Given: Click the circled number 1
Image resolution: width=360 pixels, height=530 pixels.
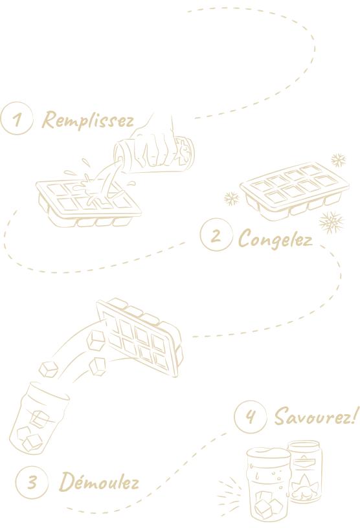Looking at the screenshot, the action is tap(17, 118).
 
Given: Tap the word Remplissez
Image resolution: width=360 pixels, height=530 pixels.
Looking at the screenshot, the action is tap(88, 120).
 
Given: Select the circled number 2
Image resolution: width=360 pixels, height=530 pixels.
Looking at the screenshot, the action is tap(216, 234).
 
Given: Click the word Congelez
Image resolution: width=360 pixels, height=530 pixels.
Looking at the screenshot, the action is tap(275, 239).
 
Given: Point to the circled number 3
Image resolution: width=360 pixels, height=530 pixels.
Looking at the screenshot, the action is tap(32, 481).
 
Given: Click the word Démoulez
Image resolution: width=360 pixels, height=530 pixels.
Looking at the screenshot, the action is tap(99, 481).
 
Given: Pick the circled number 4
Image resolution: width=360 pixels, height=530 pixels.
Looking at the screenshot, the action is tap(250, 417).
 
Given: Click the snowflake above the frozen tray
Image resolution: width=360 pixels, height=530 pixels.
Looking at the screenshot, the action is tap(339, 160).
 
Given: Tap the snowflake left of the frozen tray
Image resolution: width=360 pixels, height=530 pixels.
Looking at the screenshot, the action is tap(232, 199).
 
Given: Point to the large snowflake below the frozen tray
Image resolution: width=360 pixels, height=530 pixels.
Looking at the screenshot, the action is tap(332, 222).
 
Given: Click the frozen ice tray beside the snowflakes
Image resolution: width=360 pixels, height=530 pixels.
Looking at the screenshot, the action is tap(295, 191).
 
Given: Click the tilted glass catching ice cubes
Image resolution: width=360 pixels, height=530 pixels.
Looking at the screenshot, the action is tap(38, 419).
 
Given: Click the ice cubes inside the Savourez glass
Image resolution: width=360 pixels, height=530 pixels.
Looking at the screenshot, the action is tap(268, 505).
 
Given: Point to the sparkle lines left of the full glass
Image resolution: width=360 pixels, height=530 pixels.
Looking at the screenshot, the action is tap(229, 495).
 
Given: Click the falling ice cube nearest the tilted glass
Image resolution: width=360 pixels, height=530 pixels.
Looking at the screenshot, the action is tap(48, 370).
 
